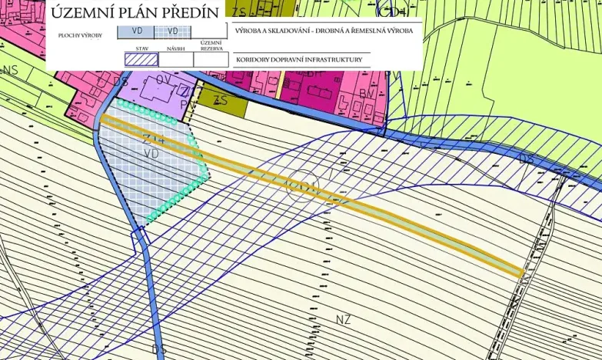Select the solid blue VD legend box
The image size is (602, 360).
coord(135,32)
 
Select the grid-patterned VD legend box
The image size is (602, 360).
coord(174,32)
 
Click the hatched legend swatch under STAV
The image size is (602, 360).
coord(141,59)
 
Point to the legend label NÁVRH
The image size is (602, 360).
coord(176,48)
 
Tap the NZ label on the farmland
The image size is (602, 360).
coord(343,318)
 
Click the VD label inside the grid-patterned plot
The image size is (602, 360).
coord(151,154)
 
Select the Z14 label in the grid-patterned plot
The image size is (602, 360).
coord(151,139)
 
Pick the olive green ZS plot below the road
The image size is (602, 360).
coord(222,102)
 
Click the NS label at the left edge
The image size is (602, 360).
coord(10,71)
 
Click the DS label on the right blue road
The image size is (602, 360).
coord(527,159)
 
